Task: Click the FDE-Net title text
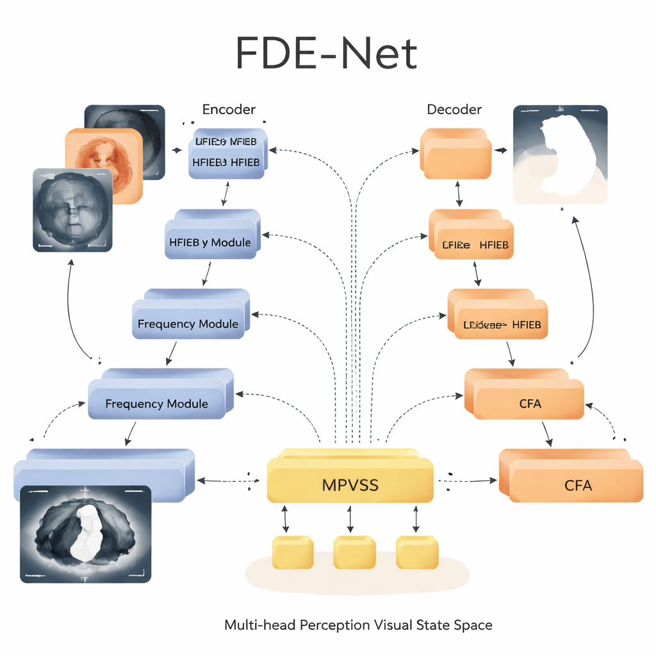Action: click(327, 53)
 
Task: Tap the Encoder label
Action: click(229, 110)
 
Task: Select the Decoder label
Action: click(454, 110)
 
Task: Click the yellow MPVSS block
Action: click(350, 484)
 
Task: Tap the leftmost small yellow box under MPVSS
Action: click(293, 553)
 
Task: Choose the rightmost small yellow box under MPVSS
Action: click(416, 553)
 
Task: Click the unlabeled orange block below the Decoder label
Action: click(455, 154)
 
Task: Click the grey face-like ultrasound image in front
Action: click(72, 209)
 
